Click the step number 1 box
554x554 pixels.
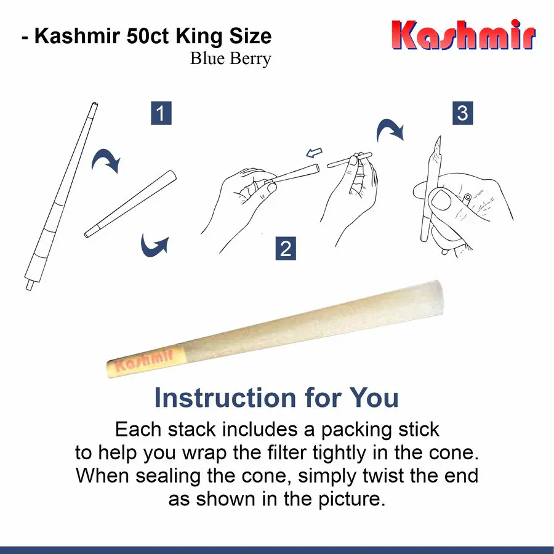click(161, 114)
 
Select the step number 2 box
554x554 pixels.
click(286, 249)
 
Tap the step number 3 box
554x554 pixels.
click(462, 113)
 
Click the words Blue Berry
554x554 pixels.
click(230, 59)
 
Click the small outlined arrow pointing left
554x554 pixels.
click(315, 151)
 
